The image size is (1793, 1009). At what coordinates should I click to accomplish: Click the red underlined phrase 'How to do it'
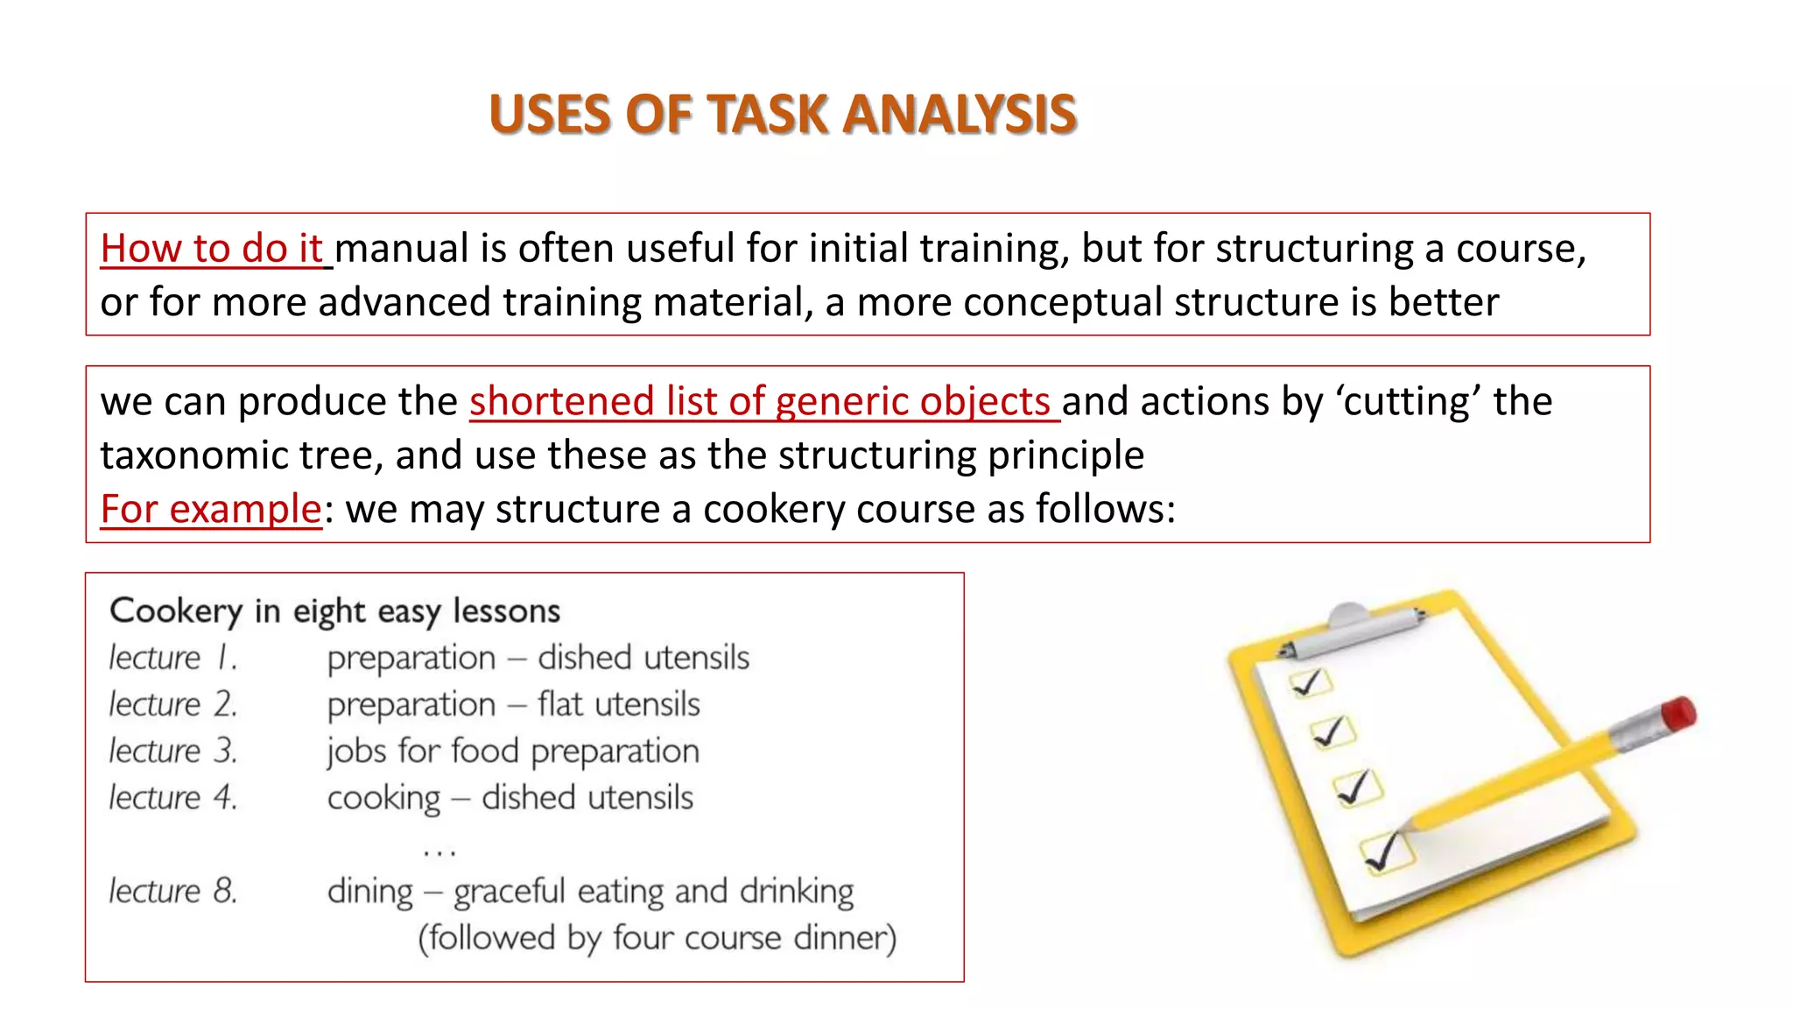coord(212,249)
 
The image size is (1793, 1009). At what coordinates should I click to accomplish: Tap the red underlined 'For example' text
coord(211,509)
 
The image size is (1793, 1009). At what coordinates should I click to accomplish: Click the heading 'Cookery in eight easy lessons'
coord(334,610)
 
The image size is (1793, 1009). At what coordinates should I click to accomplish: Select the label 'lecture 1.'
coord(172,658)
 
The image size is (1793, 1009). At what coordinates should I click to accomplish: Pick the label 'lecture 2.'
coord(172,704)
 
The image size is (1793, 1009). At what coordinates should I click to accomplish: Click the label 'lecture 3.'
coord(172,751)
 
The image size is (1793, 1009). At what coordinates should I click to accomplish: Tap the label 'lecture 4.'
coord(172,798)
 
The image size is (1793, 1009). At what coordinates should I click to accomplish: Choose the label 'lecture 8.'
coord(172,891)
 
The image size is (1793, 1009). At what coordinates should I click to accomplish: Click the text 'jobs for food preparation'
coord(513,751)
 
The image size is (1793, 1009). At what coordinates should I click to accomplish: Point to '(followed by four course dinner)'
coord(657,938)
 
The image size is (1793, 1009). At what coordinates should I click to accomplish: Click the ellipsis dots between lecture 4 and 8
coord(439,850)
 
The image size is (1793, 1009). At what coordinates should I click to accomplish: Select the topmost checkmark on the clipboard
coord(1309,682)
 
